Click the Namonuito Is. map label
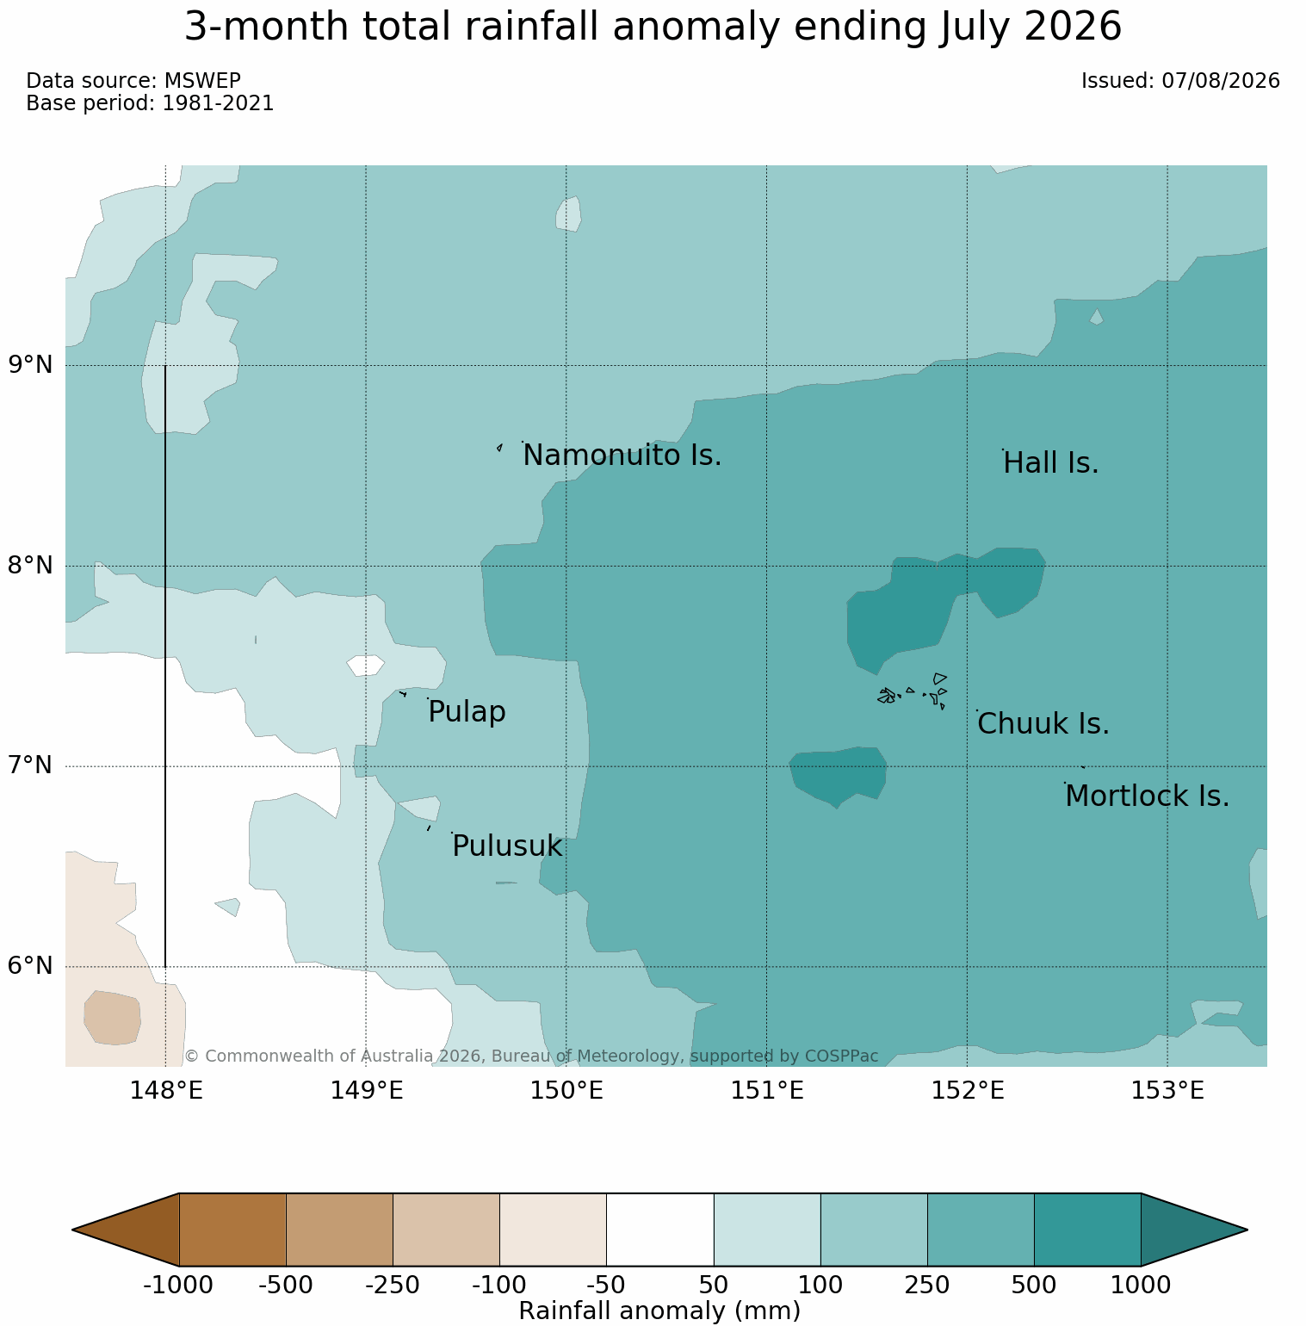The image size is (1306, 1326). (622, 455)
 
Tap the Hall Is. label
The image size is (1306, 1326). (1051, 463)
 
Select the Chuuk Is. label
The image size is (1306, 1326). (1043, 724)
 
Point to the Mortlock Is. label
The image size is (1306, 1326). (1147, 796)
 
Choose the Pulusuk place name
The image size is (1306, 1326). (507, 846)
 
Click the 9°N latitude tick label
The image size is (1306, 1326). (31, 365)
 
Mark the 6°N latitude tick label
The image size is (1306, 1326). (31, 966)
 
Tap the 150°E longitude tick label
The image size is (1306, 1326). (566, 1091)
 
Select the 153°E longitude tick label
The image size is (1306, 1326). (1167, 1091)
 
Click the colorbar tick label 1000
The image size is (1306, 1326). (1140, 1286)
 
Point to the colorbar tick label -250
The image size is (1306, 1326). (393, 1286)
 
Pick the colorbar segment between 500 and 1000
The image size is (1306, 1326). (1087, 1230)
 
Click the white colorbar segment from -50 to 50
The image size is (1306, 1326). (660, 1230)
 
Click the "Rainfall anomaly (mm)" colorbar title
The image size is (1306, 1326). (660, 1311)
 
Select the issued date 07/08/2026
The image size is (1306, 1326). (1221, 81)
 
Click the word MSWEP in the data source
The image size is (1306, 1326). (202, 81)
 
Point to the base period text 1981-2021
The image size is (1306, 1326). (218, 103)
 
